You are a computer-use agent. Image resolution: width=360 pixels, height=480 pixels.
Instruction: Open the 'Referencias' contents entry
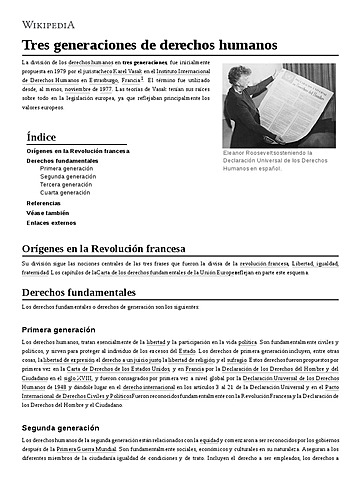(43, 203)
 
